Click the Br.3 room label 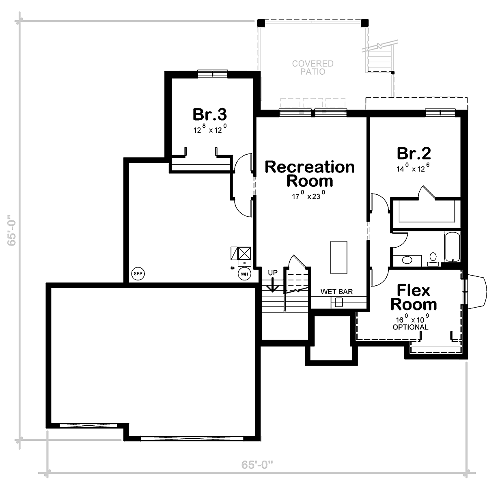210,114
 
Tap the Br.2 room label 414,153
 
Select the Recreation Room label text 310,174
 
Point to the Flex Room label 414,297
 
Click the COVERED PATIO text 312,67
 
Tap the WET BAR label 336,292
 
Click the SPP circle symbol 138,274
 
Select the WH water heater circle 244,274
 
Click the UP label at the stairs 273,273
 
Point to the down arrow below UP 272,285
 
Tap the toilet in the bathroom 433,259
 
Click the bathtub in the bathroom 452,247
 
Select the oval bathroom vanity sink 407,260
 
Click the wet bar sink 338,302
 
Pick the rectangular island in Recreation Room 338,257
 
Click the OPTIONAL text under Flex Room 410,327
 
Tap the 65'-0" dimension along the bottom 257,465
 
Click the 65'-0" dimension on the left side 12,230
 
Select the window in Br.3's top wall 213,74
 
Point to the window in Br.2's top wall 440,113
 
